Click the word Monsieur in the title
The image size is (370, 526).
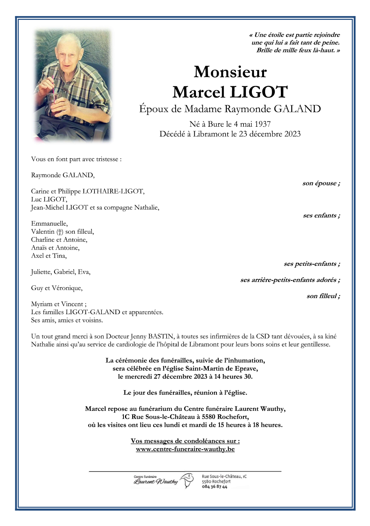pyautogui.click(x=230, y=72)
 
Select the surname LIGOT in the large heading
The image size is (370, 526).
pyautogui.click(x=259, y=92)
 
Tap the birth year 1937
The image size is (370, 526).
pyautogui.click(x=262, y=124)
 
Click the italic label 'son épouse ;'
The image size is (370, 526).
pyautogui.click(x=321, y=183)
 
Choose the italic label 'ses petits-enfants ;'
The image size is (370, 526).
pyautogui.click(x=312, y=264)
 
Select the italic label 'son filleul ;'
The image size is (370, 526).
pyautogui.click(x=323, y=296)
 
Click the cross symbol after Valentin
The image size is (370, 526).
pyautogui.click(x=60, y=232)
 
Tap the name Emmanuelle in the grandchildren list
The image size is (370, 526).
pyautogui.click(x=49, y=224)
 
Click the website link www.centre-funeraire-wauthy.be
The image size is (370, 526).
pyautogui.click(x=185, y=449)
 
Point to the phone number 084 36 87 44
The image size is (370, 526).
pyautogui.click(x=215, y=487)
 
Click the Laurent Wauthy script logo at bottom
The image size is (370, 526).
pyautogui.click(x=155, y=481)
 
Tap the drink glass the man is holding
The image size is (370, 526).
pyautogui.click(x=56, y=103)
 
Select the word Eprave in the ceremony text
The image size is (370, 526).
pyautogui.click(x=247, y=368)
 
